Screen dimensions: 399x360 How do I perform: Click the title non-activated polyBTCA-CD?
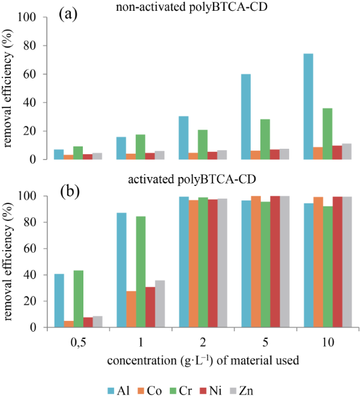coord(194,7)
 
